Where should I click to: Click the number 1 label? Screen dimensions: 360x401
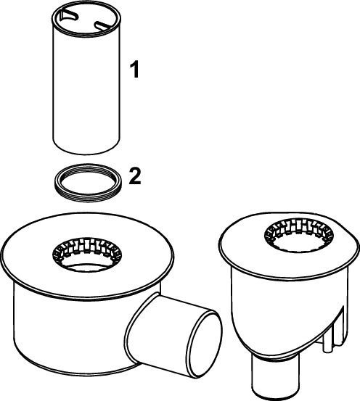tap(135, 69)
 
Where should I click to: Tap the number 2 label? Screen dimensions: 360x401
tap(135, 177)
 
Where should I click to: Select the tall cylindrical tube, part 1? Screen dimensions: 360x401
tap(86, 78)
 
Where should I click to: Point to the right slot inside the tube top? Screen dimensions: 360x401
tap(103, 25)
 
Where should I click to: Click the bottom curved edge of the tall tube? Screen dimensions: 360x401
tap(86, 154)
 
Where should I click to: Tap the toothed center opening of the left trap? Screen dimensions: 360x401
tap(87, 254)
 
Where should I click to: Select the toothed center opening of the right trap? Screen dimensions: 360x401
tap(298, 235)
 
